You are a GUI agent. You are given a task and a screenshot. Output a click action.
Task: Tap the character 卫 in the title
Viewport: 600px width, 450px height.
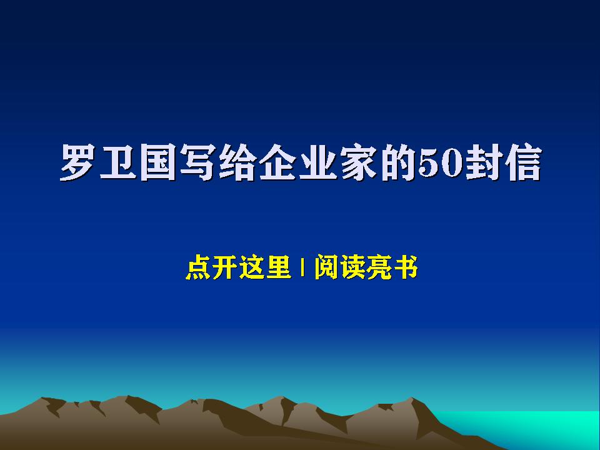118,162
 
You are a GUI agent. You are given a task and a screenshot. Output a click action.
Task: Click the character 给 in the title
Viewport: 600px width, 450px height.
237,162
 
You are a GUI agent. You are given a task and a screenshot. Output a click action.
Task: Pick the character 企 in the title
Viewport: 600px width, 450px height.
277,162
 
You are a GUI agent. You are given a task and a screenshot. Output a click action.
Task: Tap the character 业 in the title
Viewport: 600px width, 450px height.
318,162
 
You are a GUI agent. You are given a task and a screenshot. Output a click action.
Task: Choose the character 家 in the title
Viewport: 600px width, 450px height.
358,162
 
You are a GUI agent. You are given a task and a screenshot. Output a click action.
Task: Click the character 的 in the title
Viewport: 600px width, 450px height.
398,162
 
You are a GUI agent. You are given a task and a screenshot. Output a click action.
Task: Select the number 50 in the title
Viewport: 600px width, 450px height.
441,163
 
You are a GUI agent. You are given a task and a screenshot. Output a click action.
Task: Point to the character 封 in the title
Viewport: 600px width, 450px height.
484,162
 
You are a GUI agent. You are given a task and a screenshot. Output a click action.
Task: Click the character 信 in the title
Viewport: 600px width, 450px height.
523,162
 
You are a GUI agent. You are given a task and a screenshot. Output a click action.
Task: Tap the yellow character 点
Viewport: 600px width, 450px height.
198,267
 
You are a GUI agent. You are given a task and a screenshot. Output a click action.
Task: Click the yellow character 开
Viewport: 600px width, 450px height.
224,267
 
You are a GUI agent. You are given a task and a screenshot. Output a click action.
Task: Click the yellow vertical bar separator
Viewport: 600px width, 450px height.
302,267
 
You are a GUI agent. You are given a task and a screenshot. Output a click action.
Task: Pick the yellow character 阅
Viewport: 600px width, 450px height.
326,267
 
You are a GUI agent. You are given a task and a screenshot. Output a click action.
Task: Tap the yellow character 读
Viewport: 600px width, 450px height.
352,267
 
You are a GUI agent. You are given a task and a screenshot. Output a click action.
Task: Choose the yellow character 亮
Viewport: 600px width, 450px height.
379,267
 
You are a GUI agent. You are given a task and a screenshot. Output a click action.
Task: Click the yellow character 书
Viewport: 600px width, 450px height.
406,267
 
